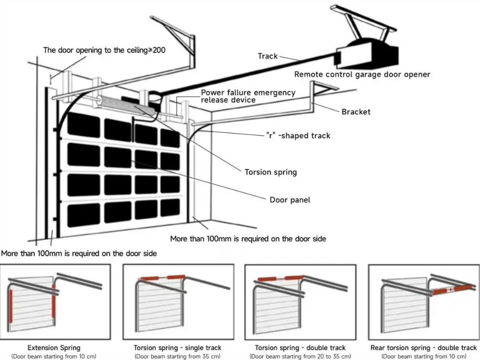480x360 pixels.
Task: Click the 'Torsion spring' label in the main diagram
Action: click(270, 172)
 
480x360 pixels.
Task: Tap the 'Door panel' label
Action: click(290, 200)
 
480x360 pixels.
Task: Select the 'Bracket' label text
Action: click(356, 112)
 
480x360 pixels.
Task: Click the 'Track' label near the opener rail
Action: click(268, 56)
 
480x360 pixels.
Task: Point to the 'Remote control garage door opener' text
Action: click(362, 74)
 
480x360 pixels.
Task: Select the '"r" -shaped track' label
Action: click(298, 135)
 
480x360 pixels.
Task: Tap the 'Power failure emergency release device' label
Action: click(248, 96)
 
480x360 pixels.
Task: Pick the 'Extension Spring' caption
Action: click(54, 348)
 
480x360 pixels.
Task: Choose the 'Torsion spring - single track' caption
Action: click(177, 348)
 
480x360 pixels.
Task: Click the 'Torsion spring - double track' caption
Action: click(300, 348)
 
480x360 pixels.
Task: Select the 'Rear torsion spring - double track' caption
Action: click(423, 348)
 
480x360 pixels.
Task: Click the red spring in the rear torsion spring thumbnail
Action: click(452, 289)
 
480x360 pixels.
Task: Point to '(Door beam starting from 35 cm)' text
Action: click(177, 356)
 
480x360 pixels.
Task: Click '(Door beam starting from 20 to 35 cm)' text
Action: click(300, 356)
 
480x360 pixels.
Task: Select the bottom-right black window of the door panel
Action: click(170, 208)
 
